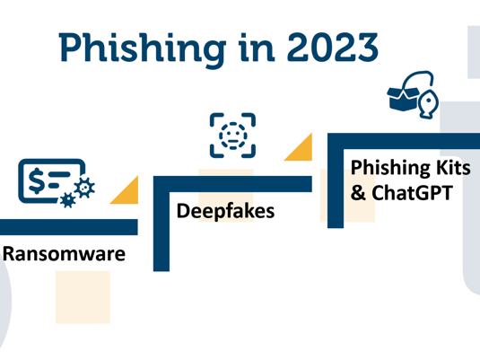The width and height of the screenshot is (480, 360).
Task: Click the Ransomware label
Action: [64, 254]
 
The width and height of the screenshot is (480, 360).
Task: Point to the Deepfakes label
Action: [226, 213]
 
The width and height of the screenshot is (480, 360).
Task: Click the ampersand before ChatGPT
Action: [359, 192]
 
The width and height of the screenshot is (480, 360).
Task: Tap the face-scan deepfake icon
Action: [232, 136]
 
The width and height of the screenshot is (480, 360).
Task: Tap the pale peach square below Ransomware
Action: [82, 296]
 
